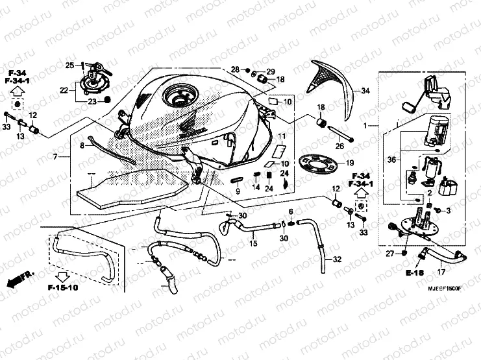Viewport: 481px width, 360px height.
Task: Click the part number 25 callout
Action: [x=69, y=65]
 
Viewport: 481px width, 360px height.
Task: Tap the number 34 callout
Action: [x=365, y=91]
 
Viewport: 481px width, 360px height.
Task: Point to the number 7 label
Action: [x=56, y=157]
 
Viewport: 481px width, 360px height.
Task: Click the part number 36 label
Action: [x=391, y=158]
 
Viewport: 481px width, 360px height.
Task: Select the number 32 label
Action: [x=337, y=259]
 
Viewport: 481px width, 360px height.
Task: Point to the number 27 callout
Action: [x=390, y=254]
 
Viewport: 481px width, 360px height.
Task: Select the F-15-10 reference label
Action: [x=62, y=286]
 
